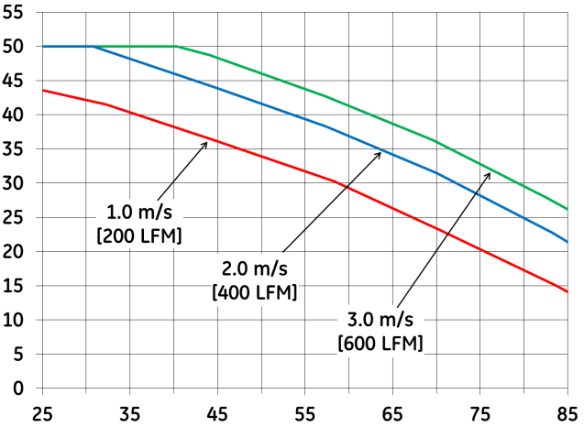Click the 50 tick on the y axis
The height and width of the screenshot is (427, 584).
[x=17, y=46]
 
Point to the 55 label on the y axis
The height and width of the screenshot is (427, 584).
[x=17, y=12]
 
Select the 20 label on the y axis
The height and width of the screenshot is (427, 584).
[x=17, y=252]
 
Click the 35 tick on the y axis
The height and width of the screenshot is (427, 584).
[x=17, y=148]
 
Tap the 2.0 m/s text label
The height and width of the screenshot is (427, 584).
[x=255, y=272]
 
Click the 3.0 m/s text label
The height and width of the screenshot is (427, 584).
[x=380, y=323]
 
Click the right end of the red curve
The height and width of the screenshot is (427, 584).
[x=567, y=291]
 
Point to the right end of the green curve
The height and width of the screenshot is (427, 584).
[x=567, y=210]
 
